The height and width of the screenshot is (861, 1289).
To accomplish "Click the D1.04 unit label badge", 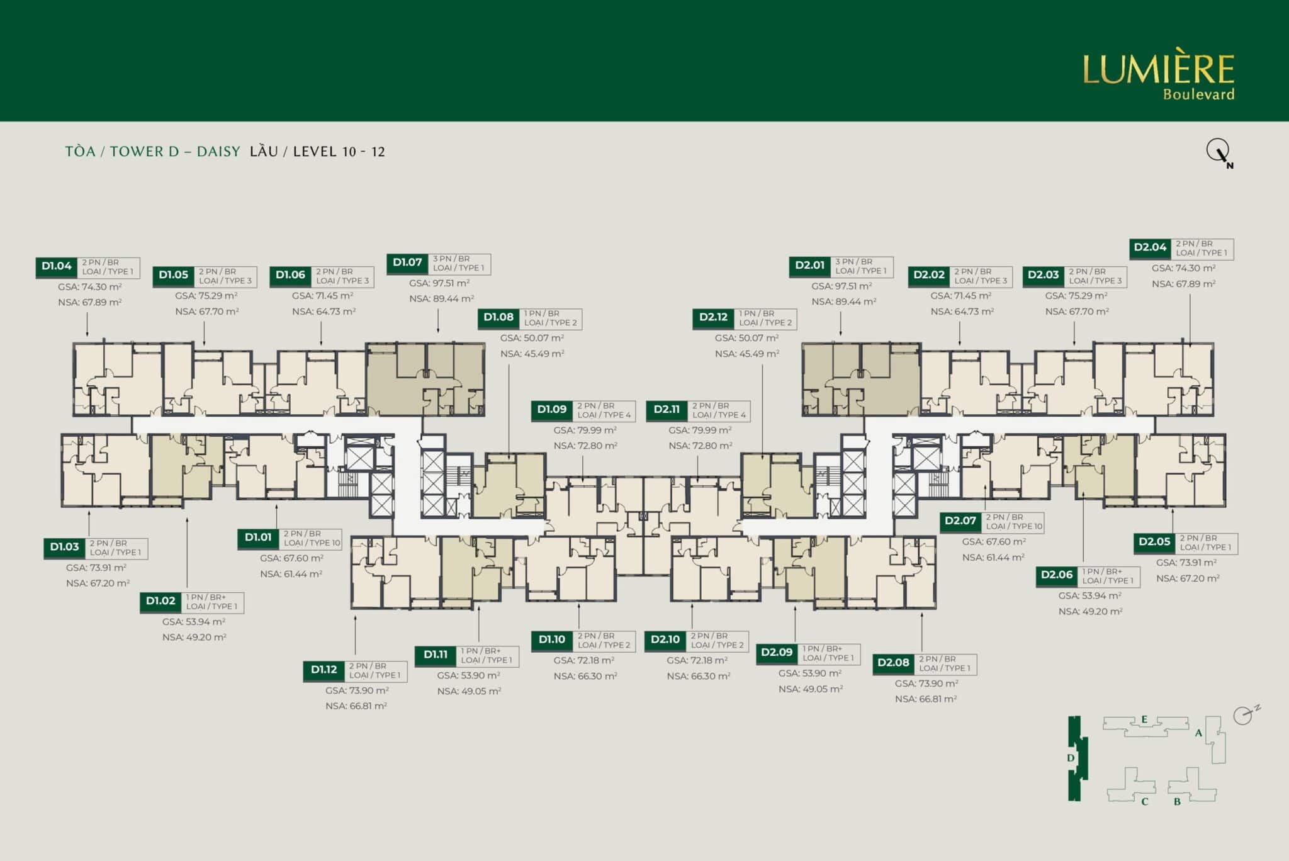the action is tap(57, 267).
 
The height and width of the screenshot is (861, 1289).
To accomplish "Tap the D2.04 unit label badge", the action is tap(1150, 248).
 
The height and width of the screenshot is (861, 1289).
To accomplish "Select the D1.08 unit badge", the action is tap(498, 318).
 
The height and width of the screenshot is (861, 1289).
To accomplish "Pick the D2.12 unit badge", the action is tap(714, 318).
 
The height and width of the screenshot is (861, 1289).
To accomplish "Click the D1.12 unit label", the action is tap(324, 670).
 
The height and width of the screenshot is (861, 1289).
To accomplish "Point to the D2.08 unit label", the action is tap(894, 663).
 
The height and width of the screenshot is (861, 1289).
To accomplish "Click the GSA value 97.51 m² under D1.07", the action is tap(439, 283).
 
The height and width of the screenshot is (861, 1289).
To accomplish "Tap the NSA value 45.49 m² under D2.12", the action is tap(747, 354).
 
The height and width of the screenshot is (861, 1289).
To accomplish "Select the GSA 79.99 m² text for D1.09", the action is tap(585, 430).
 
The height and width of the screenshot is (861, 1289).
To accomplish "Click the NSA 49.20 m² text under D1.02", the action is tap(194, 637).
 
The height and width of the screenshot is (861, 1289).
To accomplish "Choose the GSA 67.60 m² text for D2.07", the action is tap(994, 542).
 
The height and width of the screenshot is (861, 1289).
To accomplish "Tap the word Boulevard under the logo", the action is tap(1198, 94).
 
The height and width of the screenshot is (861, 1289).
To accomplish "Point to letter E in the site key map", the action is tap(1144, 719).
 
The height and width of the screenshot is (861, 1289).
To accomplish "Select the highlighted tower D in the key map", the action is tap(1074, 758).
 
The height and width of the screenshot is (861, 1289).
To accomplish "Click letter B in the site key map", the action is tap(1177, 802).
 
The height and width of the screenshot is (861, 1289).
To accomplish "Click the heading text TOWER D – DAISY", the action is tap(175, 152).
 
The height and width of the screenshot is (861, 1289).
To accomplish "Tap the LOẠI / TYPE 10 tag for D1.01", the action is tap(312, 543).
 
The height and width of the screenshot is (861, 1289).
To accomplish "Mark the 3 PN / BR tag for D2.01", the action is tap(854, 262).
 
